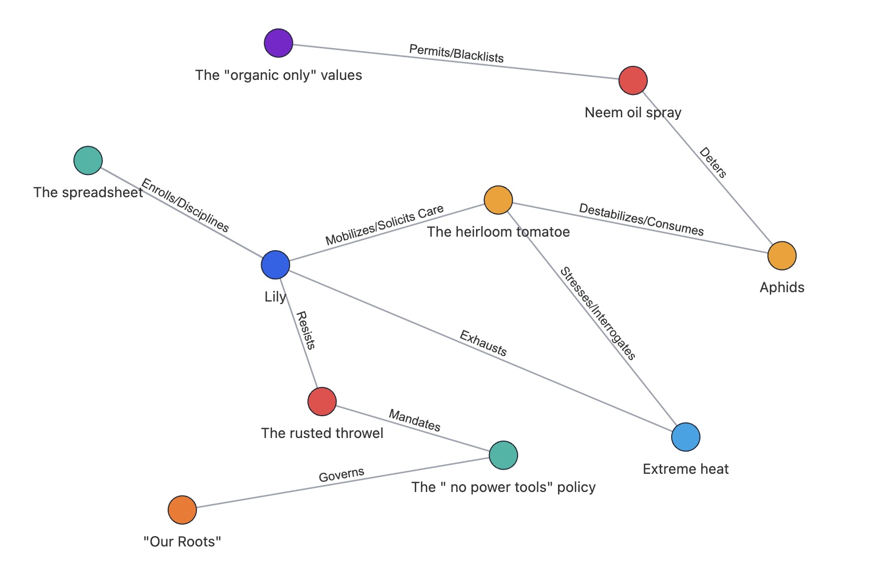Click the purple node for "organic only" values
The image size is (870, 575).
pos(278,43)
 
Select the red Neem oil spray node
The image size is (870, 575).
pos(633,81)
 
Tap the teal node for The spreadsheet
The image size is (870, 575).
pos(88,160)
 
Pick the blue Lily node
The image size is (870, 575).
pos(275,265)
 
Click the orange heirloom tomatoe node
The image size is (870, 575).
pos(498,200)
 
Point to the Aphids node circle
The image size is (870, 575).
pos(782,256)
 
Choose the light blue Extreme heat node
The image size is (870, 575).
pos(685,437)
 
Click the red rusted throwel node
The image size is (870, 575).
pos(322,402)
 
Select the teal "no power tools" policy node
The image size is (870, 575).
pos(503,455)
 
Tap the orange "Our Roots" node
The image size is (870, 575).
pos(182,510)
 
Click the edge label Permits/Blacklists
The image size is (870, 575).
pos(456,53)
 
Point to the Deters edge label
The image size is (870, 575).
pos(713,162)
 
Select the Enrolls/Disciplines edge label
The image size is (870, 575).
pos(185,205)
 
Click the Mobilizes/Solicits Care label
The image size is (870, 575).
pos(385,225)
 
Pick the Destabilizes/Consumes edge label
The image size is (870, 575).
pos(641,220)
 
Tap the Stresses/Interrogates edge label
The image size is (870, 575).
pos(597,313)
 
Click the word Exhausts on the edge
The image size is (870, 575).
pos(483,344)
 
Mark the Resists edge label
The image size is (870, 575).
pos(305,331)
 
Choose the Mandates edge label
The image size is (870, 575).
pos(415,420)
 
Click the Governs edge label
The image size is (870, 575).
pos(342,474)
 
